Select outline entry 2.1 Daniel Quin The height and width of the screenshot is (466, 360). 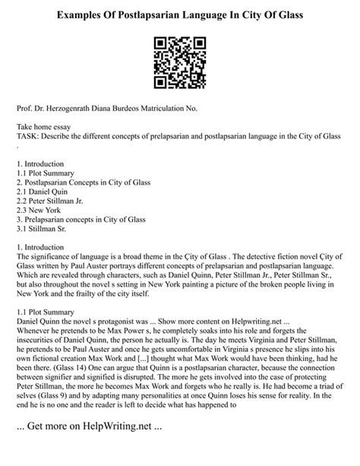pos(46,193)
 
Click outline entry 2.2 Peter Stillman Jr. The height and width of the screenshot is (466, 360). pos(55,203)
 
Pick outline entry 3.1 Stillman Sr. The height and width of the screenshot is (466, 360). pos(45,233)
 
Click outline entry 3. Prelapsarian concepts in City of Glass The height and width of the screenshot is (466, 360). pos(86,223)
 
